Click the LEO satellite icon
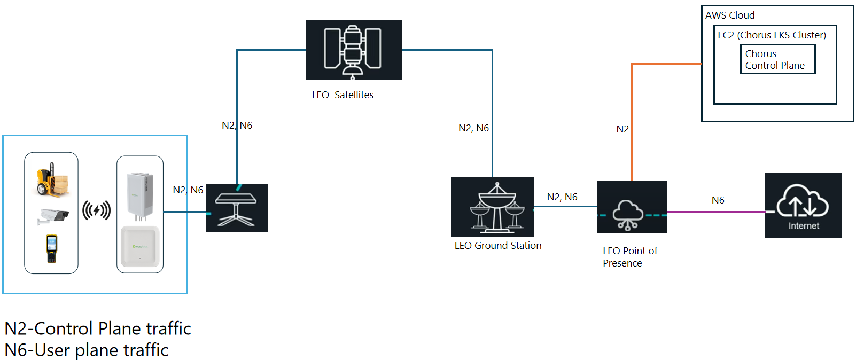(353, 50)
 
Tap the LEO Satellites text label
(343, 95)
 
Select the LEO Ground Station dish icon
(492, 207)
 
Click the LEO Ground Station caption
(497, 246)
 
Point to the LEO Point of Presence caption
(629, 257)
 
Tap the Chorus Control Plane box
(777, 59)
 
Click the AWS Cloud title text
(729, 15)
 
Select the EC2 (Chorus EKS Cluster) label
(772, 35)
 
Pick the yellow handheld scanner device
(51, 248)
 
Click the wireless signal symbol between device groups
(97, 210)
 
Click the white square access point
(140, 246)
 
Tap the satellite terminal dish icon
(236, 208)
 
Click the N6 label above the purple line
(718, 200)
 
